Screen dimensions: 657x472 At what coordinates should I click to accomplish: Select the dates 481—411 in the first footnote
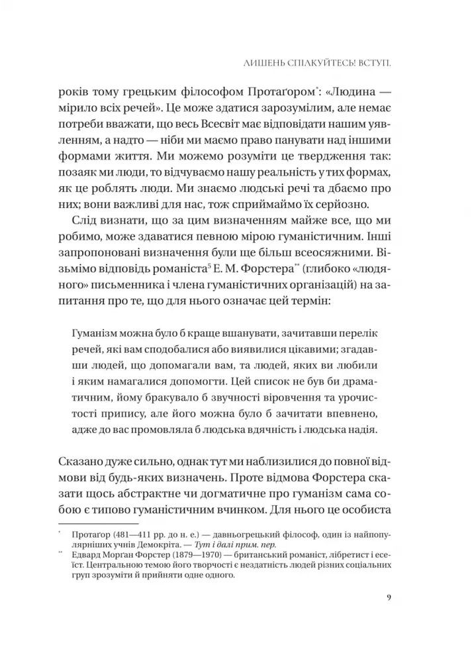click(125, 534)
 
